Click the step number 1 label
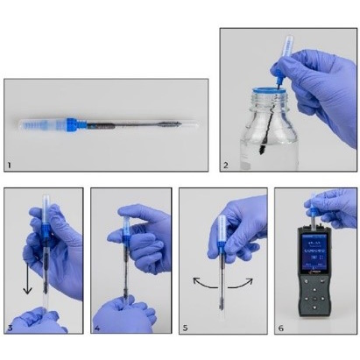tap(10, 164)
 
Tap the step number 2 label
tap(224, 164)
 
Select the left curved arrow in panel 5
tap(200, 285)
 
